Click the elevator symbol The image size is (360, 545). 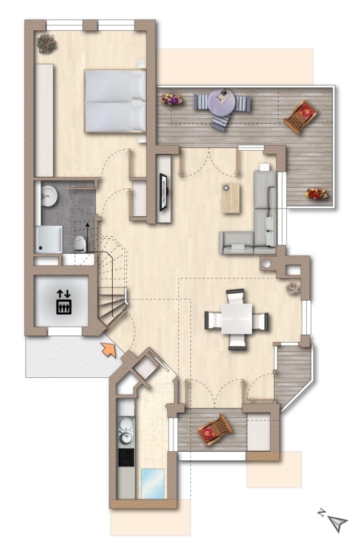click(x=64, y=302)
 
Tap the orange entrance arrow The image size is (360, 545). click(x=109, y=349)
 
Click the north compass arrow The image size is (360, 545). click(x=338, y=523)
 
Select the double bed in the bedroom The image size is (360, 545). click(x=115, y=101)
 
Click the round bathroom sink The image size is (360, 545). click(x=48, y=196)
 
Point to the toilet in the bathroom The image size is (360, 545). click(x=80, y=244)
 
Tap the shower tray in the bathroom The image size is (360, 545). click(x=48, y=239)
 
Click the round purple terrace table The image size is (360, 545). click(x=222, y=102)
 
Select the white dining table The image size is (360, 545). click(x=236, y=319)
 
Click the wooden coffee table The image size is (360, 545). click(x=231, y=198)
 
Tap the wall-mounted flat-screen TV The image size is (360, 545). click(x=163, y=192)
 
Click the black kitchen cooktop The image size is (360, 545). click(x=126, y=457)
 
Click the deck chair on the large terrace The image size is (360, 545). click(x=301, y=116)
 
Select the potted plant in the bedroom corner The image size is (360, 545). click(x=46, y=44)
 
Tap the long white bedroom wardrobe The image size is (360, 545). click(x=44, y=121)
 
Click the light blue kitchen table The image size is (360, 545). click(x=153, y=483)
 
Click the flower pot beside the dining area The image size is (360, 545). click(x=293, y=288)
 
